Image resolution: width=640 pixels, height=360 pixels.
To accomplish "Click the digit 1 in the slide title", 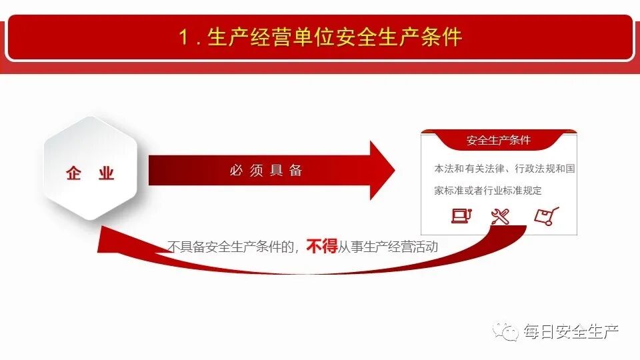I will click(x=183, y=37).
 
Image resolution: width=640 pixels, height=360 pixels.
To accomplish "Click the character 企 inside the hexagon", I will click(x=73, y=174).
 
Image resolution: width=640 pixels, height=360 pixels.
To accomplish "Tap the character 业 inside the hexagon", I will click(x=106, y=174).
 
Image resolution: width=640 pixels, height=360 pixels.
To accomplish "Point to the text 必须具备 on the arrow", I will click(x=266, y=171).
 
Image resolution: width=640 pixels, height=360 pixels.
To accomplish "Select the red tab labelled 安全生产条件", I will click(x=499, y=141).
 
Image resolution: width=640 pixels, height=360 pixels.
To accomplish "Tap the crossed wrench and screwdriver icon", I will click(x=500, y=216).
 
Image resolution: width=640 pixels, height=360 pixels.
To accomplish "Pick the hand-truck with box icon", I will click(x=546, y=216).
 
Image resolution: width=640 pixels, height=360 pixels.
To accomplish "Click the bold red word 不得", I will click(x=322, y=247).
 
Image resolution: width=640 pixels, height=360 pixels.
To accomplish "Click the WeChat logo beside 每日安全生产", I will click(x=510, y=331).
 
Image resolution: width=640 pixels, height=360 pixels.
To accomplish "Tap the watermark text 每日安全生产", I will click(x=571, y=331).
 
